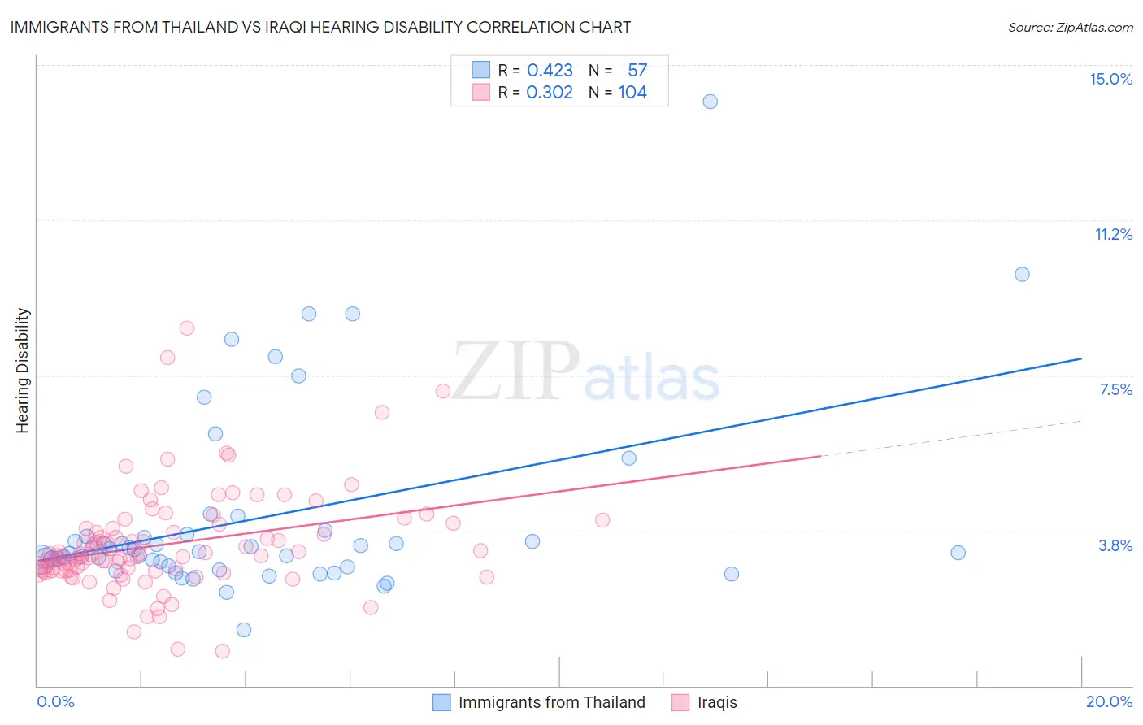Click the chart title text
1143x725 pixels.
(320, 28)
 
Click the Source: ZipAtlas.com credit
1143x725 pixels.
(1070, 28)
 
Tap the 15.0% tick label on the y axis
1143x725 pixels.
(1110, 79)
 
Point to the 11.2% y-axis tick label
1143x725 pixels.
(1113, 234)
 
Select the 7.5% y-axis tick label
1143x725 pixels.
(1115, 389)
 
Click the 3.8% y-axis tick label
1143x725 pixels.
(1115, 545)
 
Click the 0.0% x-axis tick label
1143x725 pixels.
(55, 701)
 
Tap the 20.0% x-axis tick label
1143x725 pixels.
(1109, 701)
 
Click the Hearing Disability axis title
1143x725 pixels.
(23, 371)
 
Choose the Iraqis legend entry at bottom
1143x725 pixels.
(717, 702)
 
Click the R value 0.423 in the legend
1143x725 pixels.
(550, 71)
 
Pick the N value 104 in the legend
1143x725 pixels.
(632, 93)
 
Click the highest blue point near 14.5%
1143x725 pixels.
(710, 102)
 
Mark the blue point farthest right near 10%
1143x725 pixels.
(1022, 274)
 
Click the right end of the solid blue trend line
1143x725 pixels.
(1080, 358)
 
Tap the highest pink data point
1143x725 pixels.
(187, 328)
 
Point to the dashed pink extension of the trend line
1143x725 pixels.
(951, 439)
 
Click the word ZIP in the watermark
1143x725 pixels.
(515, 372)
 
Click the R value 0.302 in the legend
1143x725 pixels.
(550, 93)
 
